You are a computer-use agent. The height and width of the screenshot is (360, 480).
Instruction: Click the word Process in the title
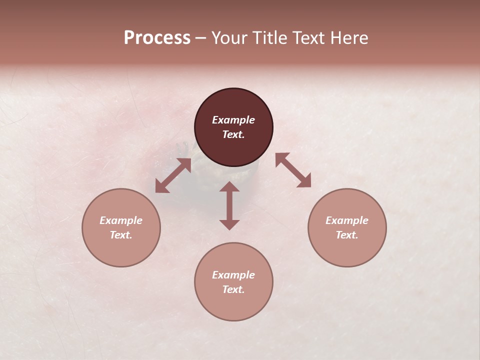157,38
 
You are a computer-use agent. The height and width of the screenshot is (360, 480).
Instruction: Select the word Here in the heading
348,38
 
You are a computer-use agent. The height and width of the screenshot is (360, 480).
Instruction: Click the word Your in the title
230,38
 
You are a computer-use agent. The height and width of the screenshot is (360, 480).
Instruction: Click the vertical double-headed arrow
229,205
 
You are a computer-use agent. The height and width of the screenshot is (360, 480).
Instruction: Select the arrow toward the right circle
293,170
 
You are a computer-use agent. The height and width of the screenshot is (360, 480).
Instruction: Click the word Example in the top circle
233,120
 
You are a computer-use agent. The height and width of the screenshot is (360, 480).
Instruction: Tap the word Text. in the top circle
233,134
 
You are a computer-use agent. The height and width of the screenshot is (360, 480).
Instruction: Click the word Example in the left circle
121,220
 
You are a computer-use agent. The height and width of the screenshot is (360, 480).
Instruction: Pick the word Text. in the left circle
121,235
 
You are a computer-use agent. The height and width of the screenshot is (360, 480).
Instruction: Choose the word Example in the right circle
347,220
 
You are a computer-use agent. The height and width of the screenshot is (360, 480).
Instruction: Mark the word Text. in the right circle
347,235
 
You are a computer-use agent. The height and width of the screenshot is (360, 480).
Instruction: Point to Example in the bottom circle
233,275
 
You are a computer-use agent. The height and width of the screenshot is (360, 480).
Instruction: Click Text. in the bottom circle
233,289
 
